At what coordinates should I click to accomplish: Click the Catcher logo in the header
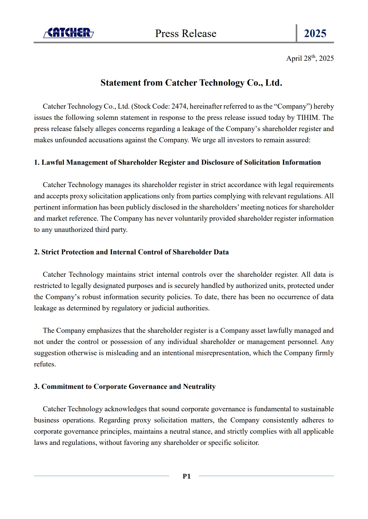click(69, 33)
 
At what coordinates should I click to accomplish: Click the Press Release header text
click(186, 33)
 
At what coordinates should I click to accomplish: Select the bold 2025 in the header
click(315, 33)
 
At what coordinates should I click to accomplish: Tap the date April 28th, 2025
click(310, 58)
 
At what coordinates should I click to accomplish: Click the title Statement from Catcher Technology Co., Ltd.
click(191, 83)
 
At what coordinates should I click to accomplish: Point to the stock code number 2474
click(179, 106)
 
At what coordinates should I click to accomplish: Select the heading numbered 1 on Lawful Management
click(177, 163)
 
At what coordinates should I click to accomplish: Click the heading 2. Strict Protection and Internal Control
click(131, 252)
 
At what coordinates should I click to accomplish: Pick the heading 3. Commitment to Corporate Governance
click(125, 387)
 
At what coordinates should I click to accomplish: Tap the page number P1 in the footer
click(186, 476)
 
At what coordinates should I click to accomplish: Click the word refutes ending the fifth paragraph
click(45, 364)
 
